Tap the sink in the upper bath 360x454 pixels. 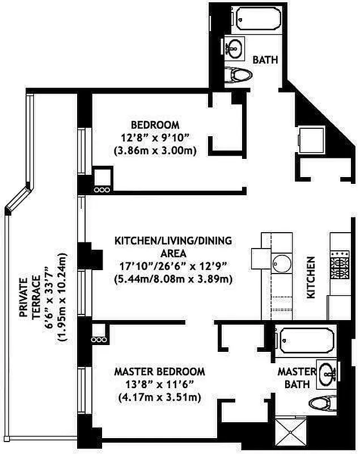coord(234,48)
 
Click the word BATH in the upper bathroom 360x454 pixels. coord(264,59)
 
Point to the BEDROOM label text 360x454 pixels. coord(155,125)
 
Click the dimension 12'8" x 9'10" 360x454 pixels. coord(155,138)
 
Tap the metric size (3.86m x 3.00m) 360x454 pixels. coord(155,151)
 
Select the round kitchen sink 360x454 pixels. coord(281,264)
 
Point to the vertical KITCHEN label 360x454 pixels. coord(311,278)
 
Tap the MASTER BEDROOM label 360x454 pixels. coord(159,372)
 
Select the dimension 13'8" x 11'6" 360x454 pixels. coord(159,385)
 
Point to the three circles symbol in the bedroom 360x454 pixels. coord(101,190)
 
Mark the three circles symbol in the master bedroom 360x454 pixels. coord(98,339)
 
